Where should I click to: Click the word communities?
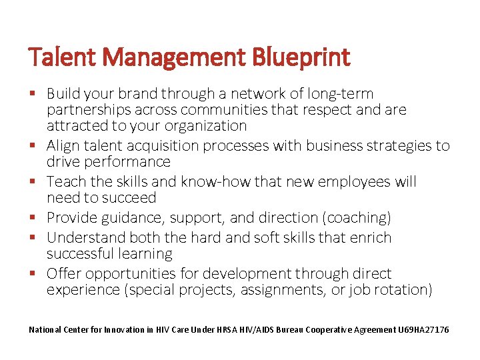click(x=262, y=110)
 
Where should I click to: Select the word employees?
click(x=351, y=182)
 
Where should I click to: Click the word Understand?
click(x=85, y=238)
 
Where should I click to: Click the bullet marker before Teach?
click(x=33, y=181)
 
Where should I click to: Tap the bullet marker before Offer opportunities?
click(x=33, y=273)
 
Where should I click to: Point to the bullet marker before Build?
click(x=33, y=93)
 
